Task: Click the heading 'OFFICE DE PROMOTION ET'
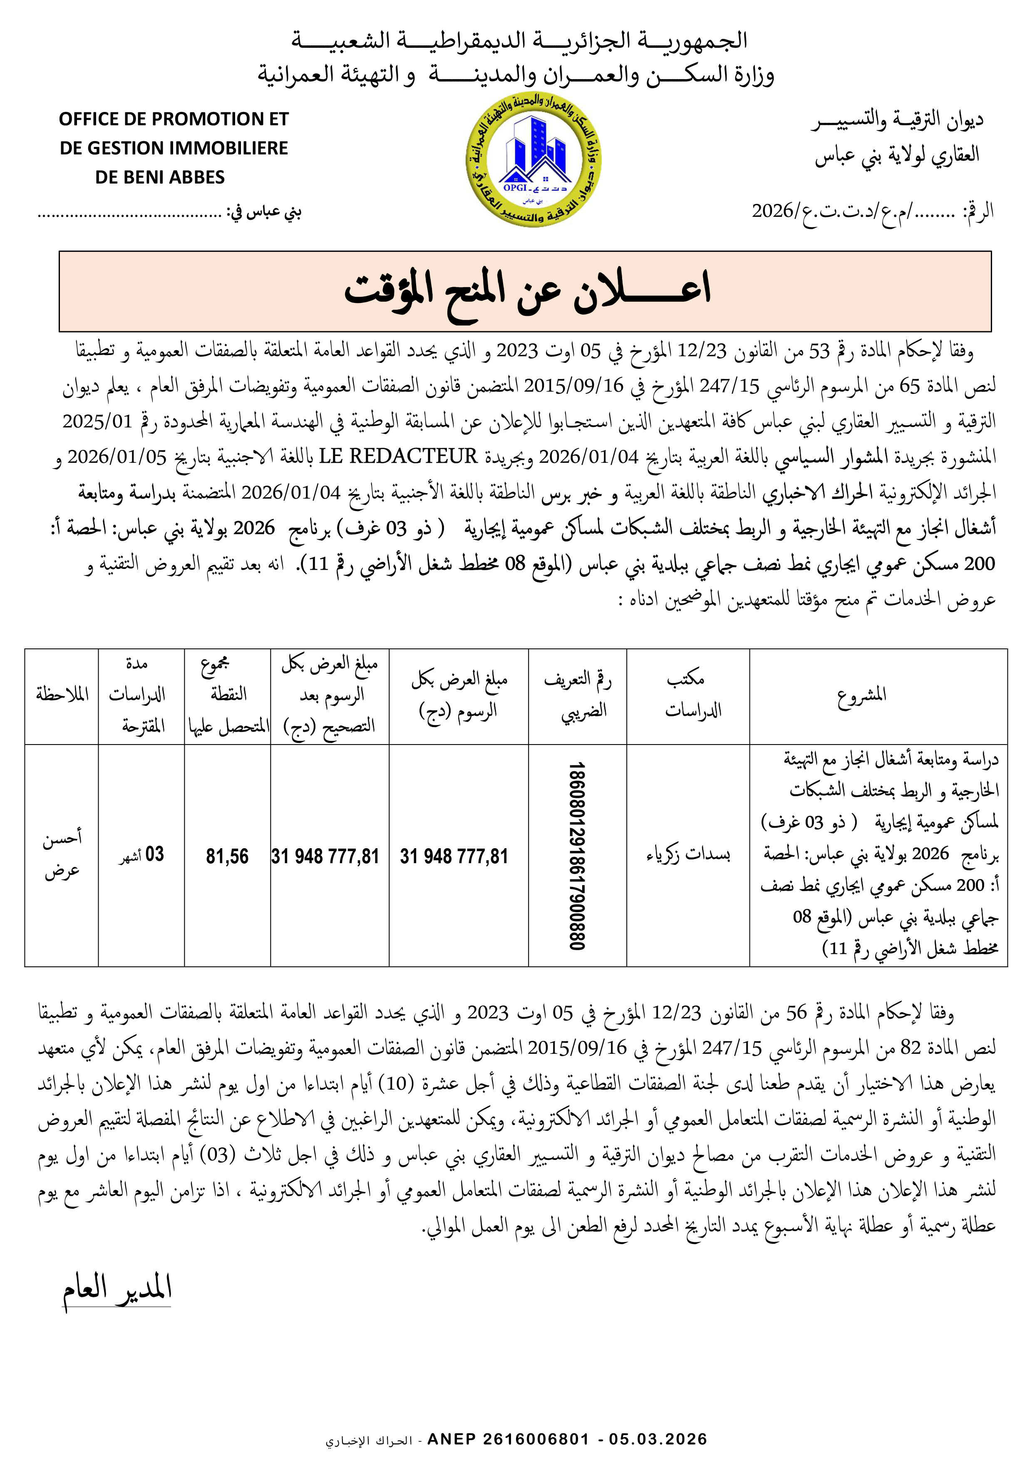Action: pos(174,119)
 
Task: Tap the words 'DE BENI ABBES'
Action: pos(160,177)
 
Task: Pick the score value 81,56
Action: pos(227,856)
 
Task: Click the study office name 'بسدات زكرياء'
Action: pos(688,854)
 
